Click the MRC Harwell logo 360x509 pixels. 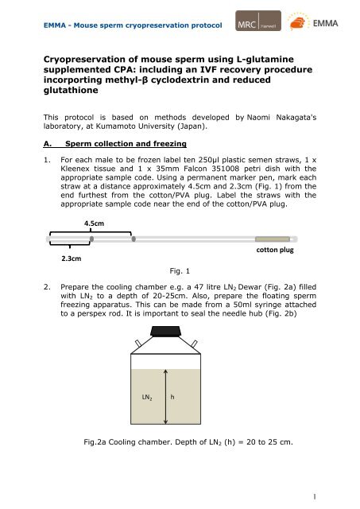pyautogui.click(x=258, y=21)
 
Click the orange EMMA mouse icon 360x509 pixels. pyautogui.click(x=298, y=23)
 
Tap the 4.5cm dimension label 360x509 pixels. pyautogui.click(x=94, y=223)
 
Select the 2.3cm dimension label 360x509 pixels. pyautogui.click(x=72, y=258)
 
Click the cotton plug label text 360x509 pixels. pyautogui.click(x=275, y=250)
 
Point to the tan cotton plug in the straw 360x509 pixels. pyautogui.click(x=273, y=239)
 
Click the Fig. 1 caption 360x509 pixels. pyautogui.click(x=180, y=270)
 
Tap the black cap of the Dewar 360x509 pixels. pyautogui.click(x=166, y=331)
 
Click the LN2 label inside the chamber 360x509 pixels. pyautogui.click(x=147, y=398)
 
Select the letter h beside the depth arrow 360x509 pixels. pyautogui.click(x=172, y=397)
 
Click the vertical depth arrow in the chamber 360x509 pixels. pyautogui.click(x=166, y=397)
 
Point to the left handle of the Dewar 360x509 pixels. pyautogui.click(x=138, y=344)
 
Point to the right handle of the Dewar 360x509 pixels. pyautogui.click(x=194, y=344)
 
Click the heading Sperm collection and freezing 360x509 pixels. pyautogui.click(x=126, y=144)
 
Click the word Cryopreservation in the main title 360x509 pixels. pyautogui.click(x=87, y=60)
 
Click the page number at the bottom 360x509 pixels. pyautogui.click(x=314, y=496)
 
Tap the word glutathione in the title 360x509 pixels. pyautogui.click(x=71, y=90)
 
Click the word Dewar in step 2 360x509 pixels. pyautogui.click(x=250, y=287)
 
